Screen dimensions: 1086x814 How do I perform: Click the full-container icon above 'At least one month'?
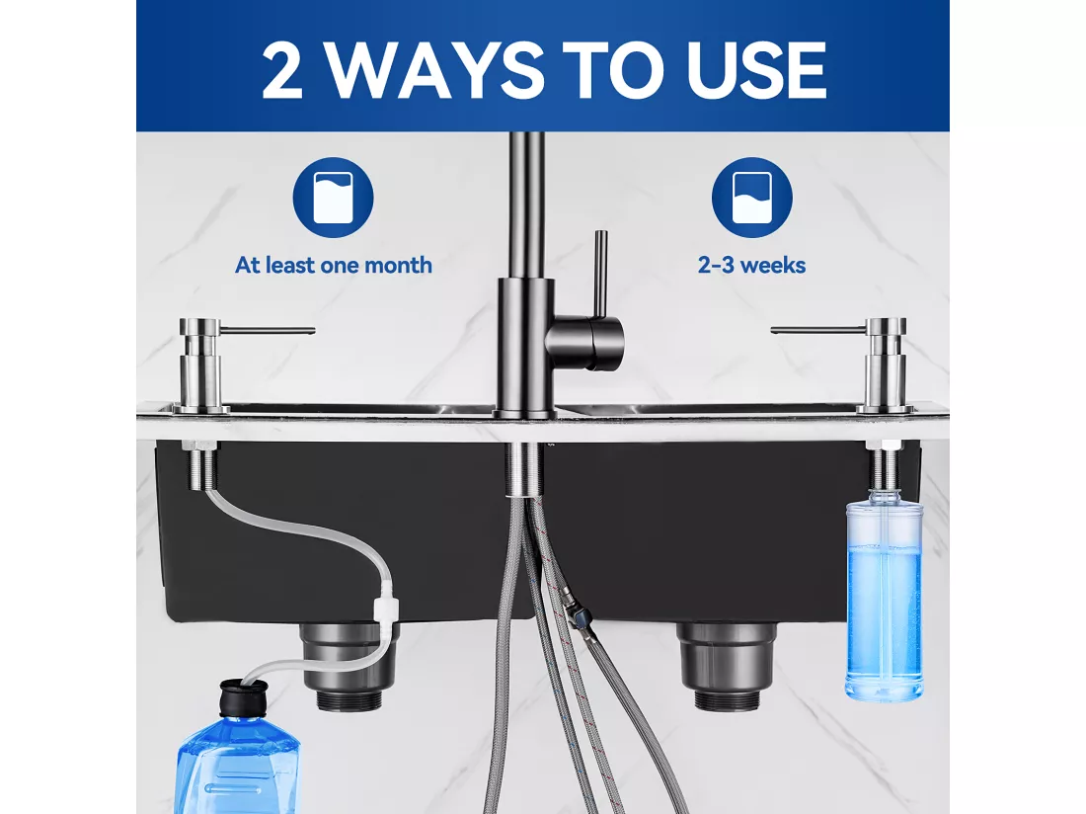[333, 198]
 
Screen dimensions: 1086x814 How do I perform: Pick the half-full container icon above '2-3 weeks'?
[752, 198]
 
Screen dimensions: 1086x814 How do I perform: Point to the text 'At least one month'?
[333, 266]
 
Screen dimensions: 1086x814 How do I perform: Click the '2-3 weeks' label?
[752, 266]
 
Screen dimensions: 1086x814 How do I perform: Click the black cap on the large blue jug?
[243, 698]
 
